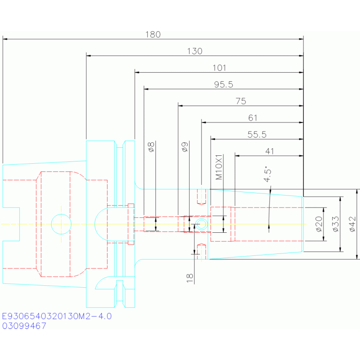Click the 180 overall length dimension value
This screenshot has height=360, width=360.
(153, 34)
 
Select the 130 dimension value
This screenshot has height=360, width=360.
(195, 51)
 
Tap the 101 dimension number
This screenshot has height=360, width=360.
(219, 68)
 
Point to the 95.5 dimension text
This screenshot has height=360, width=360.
(223, 84)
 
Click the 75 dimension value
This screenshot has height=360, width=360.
(241, 101)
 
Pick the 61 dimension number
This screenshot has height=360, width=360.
(253, 118)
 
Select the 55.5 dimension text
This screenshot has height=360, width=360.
(257, 135)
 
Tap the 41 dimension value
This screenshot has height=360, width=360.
(269, 151)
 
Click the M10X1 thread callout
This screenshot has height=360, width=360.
(219, 167)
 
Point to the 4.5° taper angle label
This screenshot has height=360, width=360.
(268, 174)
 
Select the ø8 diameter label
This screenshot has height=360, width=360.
(151, 147)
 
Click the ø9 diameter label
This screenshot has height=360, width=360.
(185, 147)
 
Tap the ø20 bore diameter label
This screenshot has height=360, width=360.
(319, 224)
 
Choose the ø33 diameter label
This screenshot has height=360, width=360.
(336, 224)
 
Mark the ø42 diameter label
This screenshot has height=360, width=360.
(352, 224)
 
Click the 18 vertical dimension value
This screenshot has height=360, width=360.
(190, 278)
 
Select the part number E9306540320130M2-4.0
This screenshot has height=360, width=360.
(57, 316)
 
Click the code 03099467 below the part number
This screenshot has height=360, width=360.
(24, 326)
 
